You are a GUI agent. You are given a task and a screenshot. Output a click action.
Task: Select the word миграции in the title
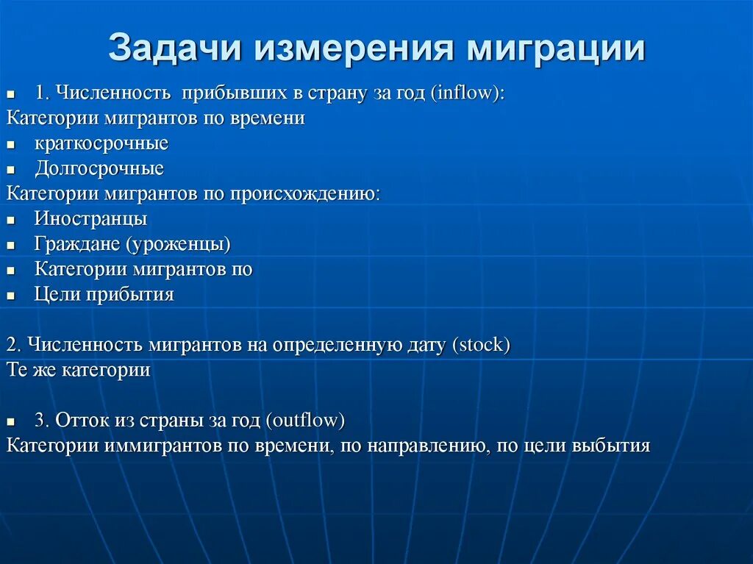[x=560, y=49]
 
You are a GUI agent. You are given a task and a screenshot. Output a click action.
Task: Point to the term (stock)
[x=482, y=345]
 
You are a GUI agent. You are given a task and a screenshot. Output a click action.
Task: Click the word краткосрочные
[x=101, y=143]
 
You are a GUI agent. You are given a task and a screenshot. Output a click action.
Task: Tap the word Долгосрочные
[x=99, y=168]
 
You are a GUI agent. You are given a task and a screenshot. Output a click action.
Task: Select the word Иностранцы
[x=90, y=219]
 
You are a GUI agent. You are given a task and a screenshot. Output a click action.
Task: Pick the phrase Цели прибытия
[x=104, y=295]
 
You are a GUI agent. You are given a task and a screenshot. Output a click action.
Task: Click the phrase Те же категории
[x=79, y=370]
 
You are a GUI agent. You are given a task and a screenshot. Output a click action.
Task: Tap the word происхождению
[x=305, y=194]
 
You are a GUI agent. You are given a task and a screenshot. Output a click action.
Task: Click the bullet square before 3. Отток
[x=11, y=422]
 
